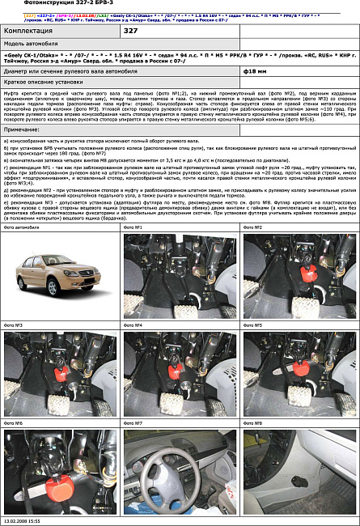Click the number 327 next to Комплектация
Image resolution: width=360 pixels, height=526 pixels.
tap(131, 30)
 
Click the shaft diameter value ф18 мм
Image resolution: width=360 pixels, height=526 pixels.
tap(252, 70)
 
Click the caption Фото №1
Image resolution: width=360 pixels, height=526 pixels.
tap(133, 250)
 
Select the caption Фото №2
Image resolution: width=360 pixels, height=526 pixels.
tap(253, 250)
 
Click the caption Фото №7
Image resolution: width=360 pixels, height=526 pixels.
tap(133, 423)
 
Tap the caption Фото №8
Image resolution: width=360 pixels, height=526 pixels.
tap(253, 423)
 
